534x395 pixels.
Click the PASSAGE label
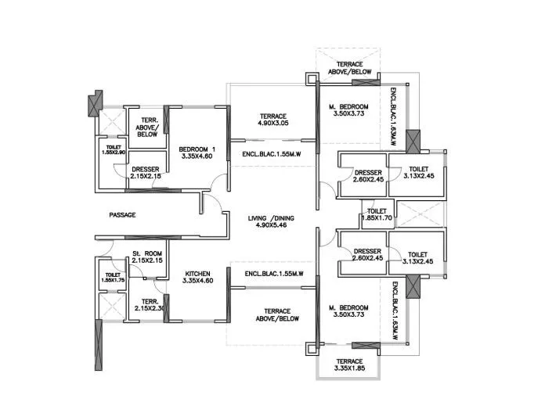[x=123, y=214]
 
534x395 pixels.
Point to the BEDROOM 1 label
[x=197, y=149]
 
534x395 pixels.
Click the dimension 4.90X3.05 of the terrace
[x=273, y=124]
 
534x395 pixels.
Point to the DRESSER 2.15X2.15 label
[x=146, y=172]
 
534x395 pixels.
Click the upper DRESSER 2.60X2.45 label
[x=367, y=176]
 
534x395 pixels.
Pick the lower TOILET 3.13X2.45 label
[x=417, y=257]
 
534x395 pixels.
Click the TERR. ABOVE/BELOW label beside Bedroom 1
[x=146, y=127]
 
